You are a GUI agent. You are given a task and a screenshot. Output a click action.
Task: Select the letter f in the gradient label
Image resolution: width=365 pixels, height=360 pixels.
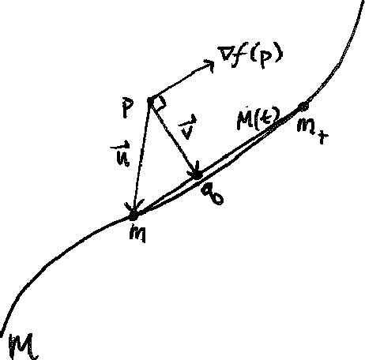[245, 55]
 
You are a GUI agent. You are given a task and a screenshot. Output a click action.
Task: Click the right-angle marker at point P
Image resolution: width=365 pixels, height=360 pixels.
[158, 103]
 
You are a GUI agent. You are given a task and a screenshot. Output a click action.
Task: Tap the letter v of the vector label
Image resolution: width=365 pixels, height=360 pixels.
[186, 129]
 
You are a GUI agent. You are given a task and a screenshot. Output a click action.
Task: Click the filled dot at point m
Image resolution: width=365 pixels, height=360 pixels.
[134, 213]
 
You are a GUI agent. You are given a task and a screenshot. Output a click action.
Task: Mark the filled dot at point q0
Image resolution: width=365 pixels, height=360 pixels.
[199, 175]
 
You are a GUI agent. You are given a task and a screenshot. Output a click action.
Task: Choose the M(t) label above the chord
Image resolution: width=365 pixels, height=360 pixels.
[254, 120]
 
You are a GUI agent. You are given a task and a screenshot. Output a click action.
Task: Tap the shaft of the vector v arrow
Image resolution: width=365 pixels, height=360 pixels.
[174, 142]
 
